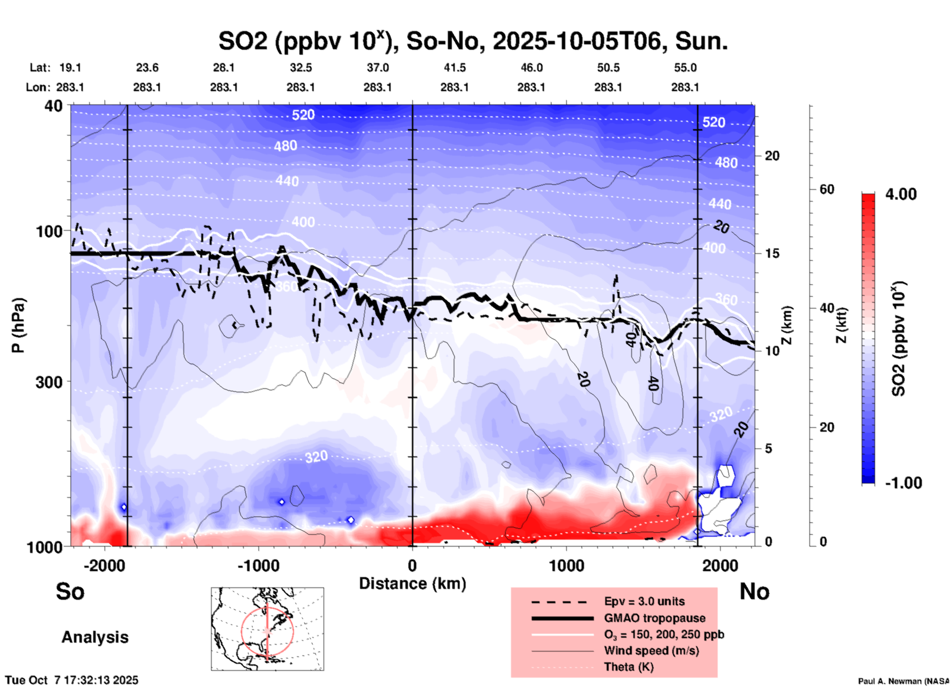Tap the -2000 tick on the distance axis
click(105, 565)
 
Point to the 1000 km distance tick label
click(566, 565)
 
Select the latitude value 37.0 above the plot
click(377, 68)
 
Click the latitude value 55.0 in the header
click(685, 68)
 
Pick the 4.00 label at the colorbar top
click(901, 194)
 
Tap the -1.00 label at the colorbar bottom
click(903, 483)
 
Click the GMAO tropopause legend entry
click(655, 618)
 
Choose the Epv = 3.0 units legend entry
click(644, 601)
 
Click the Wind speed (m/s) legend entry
click(651, 651)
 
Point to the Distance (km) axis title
click(412, 584)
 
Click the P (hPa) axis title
click(18, 325)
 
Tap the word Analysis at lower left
click(95, 637)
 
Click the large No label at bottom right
click(754, 591)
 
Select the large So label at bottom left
click(70, 591)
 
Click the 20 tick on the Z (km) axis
click(772, 156)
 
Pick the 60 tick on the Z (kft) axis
click(827, 189)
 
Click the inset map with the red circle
click(267, 629)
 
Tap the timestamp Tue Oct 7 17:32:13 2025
click(72, 681)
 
